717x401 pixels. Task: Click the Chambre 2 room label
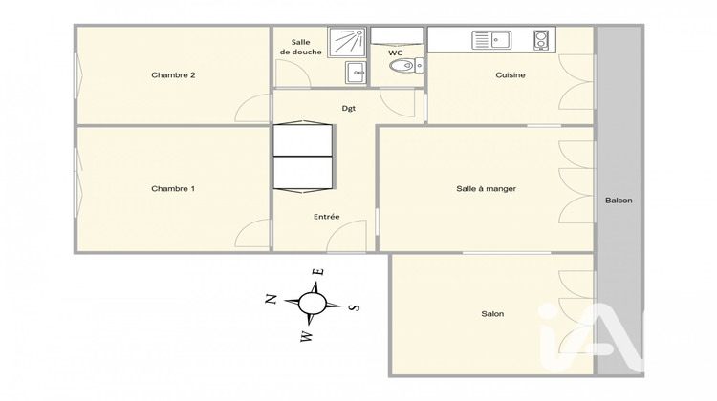(173, 75)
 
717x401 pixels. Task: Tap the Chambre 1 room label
(173, 189)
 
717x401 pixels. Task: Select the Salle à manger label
(486, 189)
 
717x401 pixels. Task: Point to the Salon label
(492, 314)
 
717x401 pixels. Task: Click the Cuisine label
(510, 75)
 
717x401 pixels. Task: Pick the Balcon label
(619, 200)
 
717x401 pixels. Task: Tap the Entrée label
(326, 217)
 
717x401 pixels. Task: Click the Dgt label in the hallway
(349, 108)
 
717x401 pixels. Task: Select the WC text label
(395, 53)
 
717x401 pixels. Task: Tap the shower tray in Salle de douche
(347, 43)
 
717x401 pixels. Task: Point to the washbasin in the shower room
(356, 71)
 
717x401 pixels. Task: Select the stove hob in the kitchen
(540, 40)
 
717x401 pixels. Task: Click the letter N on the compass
(271, 299)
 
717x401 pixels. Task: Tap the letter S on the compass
(355, 307)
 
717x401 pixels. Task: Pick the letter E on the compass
(319, 272)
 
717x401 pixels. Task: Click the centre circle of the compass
(313, 304)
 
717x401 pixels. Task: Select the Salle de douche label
(300, 47)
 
